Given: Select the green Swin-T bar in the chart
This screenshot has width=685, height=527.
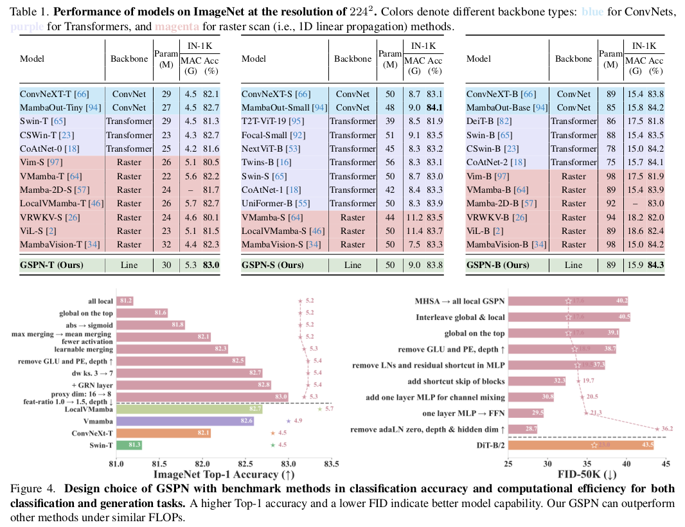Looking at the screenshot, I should (x=129, y=445).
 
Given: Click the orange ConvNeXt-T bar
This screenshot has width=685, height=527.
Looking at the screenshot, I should (x=164, y=433).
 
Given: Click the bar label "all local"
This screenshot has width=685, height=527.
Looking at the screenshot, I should (x=102, y=301).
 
